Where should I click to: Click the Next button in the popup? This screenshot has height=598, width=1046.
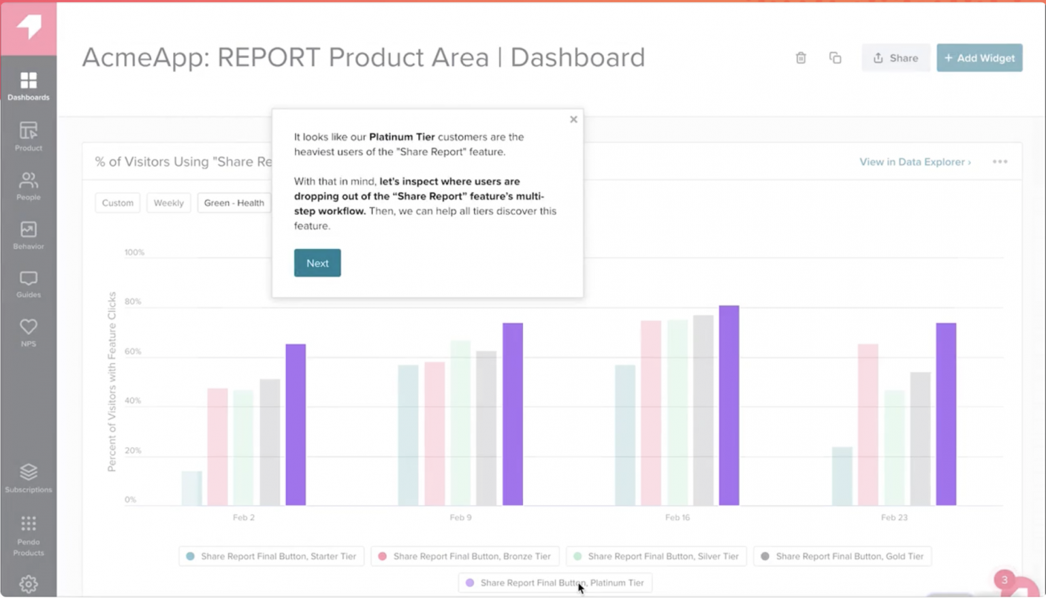coord(317,263)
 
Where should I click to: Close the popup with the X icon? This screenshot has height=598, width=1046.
coord(573,119)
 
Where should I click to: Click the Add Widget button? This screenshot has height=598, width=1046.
coord(979,58)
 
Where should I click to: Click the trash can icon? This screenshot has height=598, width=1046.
coord(801,58)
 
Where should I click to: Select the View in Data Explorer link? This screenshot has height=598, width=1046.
coord(915,162)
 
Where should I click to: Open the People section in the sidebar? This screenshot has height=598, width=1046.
coord(28,186)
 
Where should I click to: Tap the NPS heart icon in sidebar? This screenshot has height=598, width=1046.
coord(28,332)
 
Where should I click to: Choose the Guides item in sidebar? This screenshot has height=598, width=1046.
coord(28,284)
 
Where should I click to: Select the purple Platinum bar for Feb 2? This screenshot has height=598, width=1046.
coord(296,425)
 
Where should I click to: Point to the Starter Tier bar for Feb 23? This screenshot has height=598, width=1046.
coord(842,476)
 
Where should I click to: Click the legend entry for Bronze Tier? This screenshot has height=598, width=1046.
coord(465,557)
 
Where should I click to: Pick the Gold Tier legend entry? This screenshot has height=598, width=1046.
coord(842,557)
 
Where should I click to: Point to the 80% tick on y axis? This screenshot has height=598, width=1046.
coord(133,301)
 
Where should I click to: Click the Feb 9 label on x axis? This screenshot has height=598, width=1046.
coord(460,518)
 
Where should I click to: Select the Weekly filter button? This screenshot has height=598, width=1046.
coord(168,203)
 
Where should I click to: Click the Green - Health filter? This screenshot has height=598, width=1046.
coord(234,203)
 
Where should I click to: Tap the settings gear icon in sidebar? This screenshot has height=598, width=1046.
coord(28,584)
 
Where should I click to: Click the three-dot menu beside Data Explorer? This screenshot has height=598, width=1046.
coord(999,162)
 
